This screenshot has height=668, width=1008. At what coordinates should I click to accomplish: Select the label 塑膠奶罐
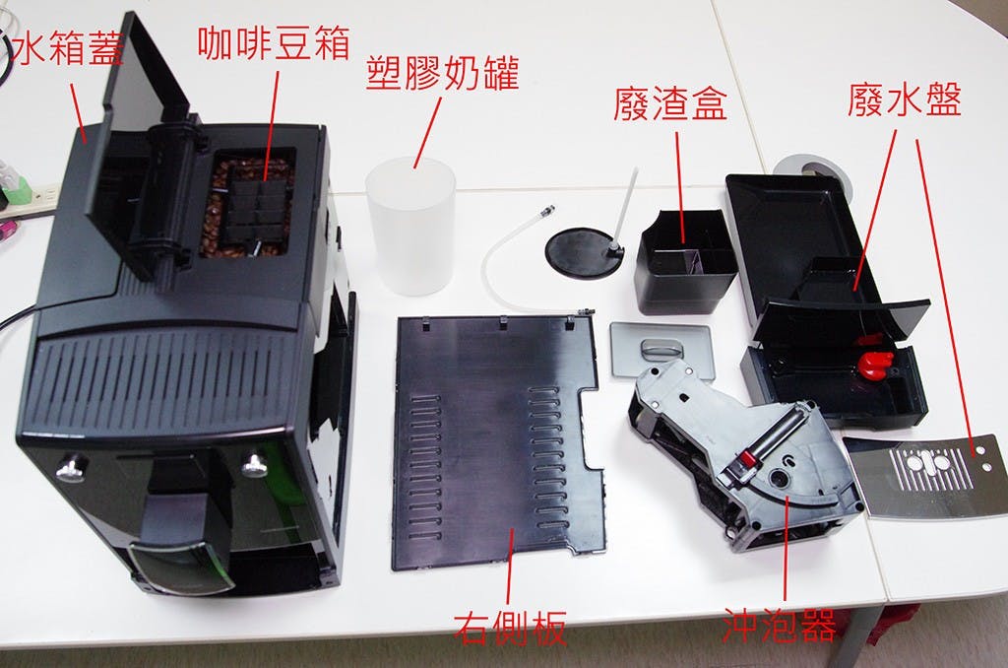click(x=442, y=73)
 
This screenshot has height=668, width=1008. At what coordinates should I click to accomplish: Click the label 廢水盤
click(x=904, y=101)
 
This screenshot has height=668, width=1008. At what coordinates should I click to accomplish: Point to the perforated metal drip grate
click(x=930, y=477)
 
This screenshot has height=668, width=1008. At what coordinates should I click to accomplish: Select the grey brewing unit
click(x=748, y=458)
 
